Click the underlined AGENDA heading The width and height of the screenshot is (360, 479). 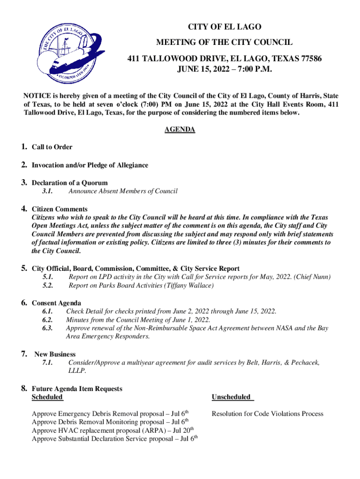(180, 130)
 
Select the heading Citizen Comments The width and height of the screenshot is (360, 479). (59, 209)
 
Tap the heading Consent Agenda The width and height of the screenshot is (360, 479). (56, 303)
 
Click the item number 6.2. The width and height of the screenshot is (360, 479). (47, 320)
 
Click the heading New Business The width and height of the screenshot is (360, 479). (55, 355)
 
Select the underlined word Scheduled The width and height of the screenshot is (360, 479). (47, 397)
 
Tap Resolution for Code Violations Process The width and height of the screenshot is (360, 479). (267, 414)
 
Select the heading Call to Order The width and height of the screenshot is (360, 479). (52, 147)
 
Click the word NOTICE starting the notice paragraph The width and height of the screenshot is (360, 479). (37, 96)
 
